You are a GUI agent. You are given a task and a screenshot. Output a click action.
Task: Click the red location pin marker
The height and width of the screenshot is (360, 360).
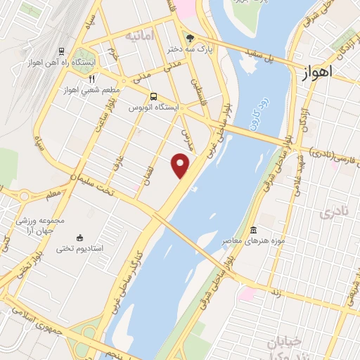point(181,166)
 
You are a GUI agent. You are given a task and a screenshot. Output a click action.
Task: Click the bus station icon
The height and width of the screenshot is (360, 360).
point(153,95)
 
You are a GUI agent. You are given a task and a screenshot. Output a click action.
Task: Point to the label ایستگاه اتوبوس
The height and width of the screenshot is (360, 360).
point(154,108)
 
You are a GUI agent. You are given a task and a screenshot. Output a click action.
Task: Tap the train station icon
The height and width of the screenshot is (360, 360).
point(62,51)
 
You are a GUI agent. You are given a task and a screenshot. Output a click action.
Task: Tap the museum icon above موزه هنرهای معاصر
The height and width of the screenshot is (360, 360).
point(252,231)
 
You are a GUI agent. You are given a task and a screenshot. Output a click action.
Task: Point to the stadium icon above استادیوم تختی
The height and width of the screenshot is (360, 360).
point(79,238)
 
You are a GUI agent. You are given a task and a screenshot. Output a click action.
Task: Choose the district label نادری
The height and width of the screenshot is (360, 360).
point(333,212)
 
